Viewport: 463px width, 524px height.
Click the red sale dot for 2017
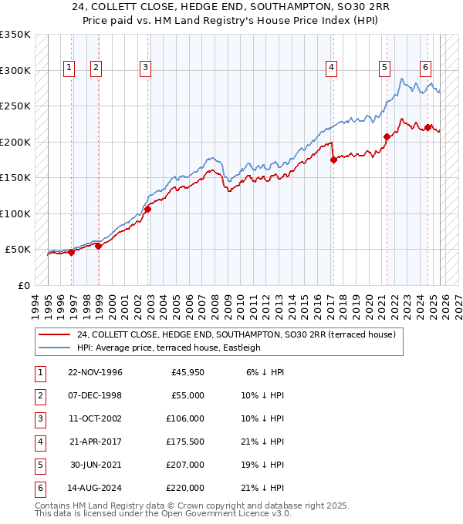click(x=333, y=160)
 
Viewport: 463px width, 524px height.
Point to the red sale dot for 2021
click(x=387, y=137)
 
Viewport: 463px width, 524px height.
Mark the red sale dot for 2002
click(x=147, y=209)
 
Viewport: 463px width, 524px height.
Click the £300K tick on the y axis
click(x=15, y=70)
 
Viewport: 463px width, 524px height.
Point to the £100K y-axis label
click(x=15, y=213)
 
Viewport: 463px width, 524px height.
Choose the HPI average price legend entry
click(x=168, y=348)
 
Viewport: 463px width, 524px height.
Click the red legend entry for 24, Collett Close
click(x=235, y=334)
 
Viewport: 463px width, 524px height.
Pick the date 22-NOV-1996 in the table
click(x=95, y=372)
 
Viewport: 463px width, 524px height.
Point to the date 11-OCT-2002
click(x=95, y=418)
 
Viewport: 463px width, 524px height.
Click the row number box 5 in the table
click(x=39, y=465)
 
